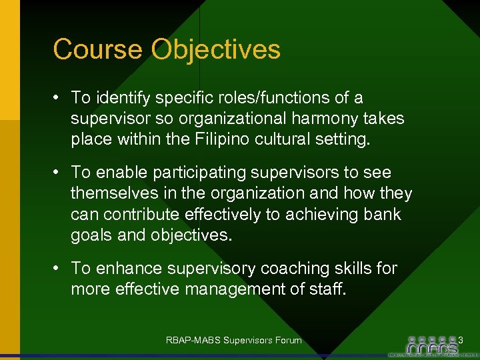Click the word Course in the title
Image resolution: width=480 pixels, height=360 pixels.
[x=98, y=49]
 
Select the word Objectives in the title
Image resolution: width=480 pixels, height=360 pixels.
[x=216, y=50]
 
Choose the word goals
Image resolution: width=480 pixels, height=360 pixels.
[x=90, y=235]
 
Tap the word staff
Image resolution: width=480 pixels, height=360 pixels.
[x=329, y=289]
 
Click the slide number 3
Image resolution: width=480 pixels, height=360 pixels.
[x=460, y=341]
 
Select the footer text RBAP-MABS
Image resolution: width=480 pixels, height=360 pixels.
[x=194, y=341]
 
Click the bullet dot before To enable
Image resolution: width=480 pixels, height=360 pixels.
[x=58, y=173]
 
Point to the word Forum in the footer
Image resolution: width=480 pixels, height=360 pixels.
[x=287, y=341]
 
